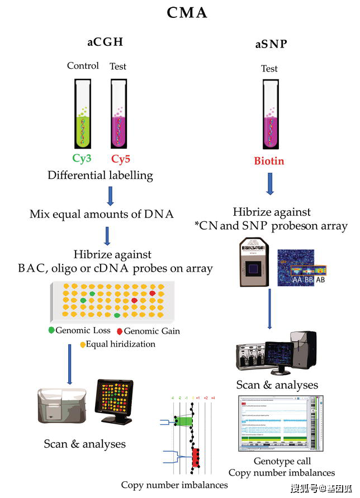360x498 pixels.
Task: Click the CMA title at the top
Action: pos(187,12)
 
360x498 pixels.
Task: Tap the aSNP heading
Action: pos(271,44)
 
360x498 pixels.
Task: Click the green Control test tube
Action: pos(82,115)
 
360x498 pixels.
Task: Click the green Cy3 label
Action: pos(82,159)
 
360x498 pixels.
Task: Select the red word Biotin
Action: pos(269,161)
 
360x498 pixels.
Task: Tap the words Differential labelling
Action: pos(100,175)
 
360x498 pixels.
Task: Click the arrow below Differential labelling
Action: pos(110,195)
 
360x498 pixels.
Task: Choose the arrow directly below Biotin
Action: pos(269,183)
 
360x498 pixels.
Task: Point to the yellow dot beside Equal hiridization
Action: pos(83,344)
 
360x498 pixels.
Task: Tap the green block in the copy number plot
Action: pos(182,420)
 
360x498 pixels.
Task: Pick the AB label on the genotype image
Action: pos(320,280)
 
